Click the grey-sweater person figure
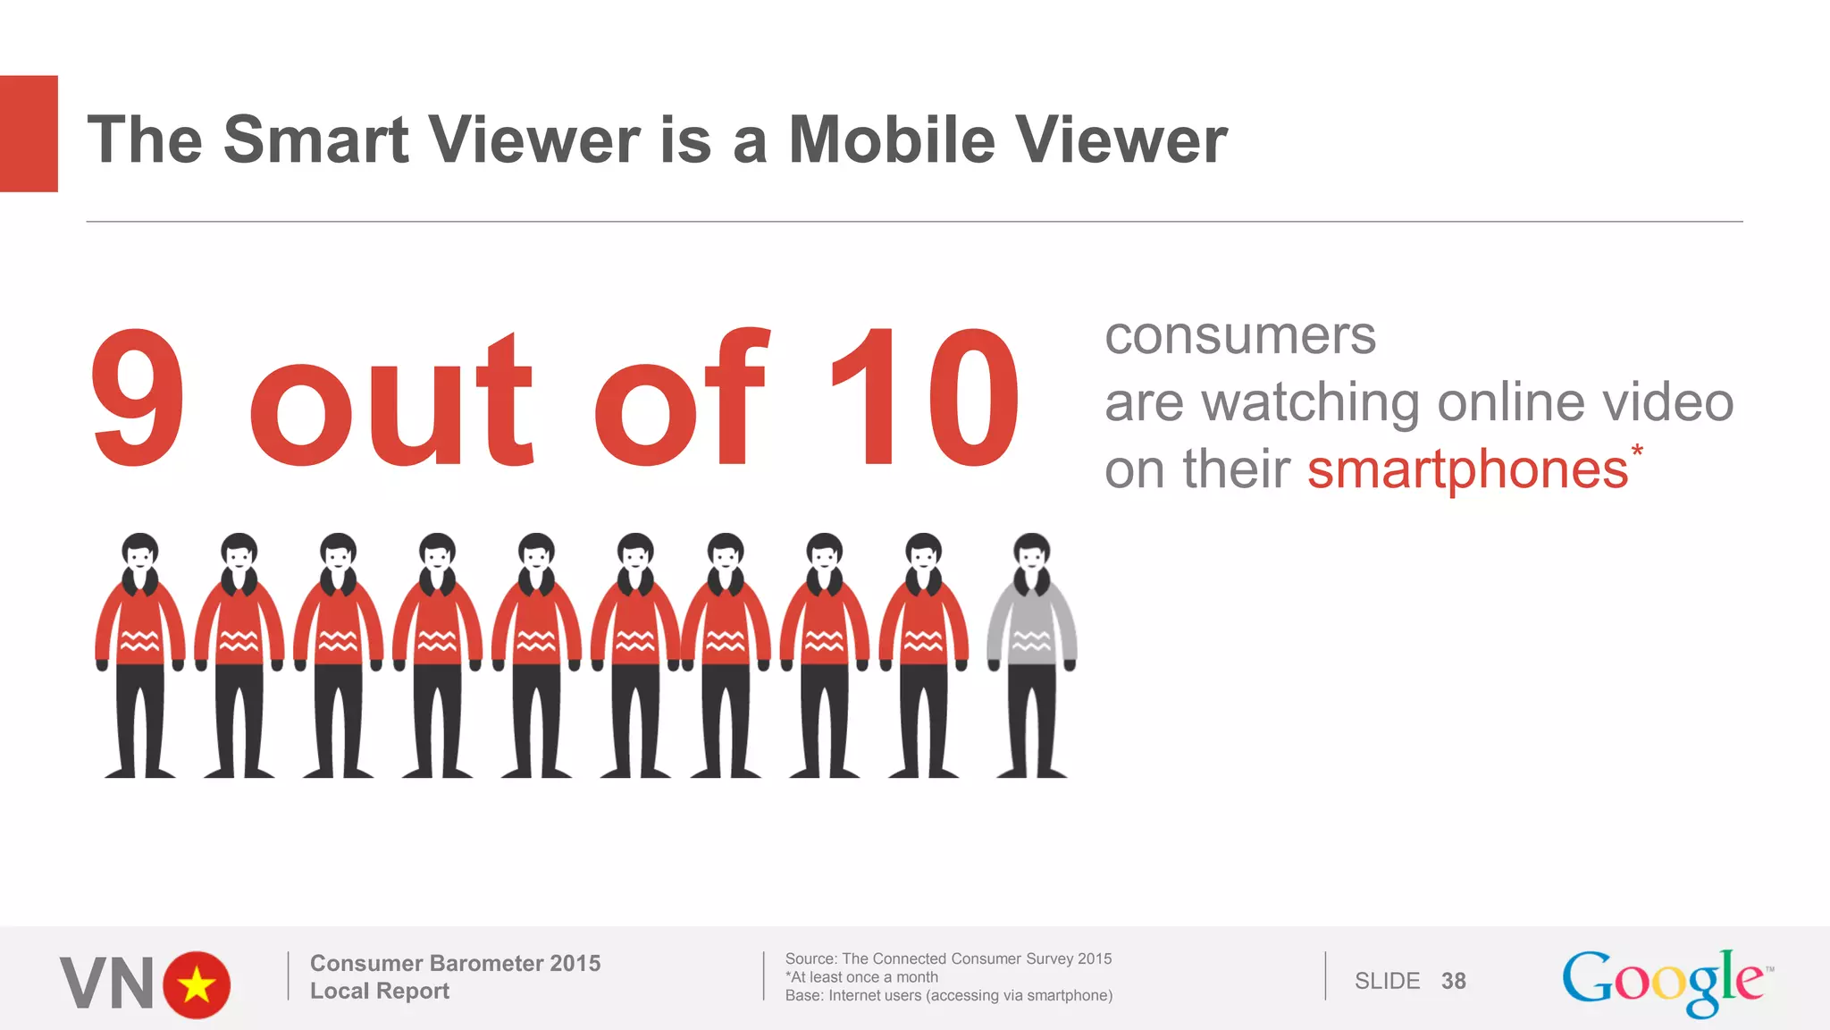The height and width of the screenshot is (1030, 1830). (1031, 653)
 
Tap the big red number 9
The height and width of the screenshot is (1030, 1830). (139, 398)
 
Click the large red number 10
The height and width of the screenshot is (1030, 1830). (925, 398)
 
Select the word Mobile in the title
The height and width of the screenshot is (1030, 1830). (891, 140)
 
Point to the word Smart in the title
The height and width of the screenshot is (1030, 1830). (315, 140)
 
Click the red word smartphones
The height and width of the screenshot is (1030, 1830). (1467, 469)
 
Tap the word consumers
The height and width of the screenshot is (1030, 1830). (1239, 336)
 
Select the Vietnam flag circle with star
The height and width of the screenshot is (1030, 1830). (197, 984)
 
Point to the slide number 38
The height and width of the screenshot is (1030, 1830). (1453, 981)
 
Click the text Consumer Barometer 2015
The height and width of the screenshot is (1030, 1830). (455, 963)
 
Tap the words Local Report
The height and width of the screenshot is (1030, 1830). (379, 991)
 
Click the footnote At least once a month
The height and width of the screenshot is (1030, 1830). (861, 977)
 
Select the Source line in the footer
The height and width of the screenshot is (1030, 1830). (948, 958)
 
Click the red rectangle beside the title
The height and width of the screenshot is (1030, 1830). (29, 133)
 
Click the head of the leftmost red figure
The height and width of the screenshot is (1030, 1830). (140, 553)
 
